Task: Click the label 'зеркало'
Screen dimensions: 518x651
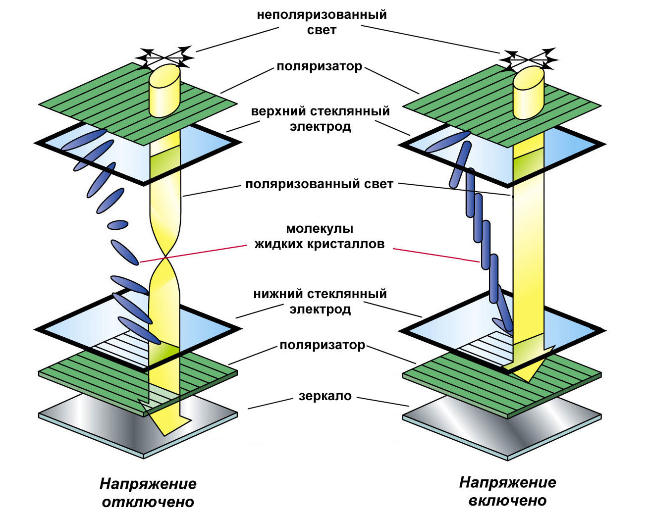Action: tap(325, 396)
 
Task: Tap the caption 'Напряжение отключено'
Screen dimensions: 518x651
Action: tap(148, 493)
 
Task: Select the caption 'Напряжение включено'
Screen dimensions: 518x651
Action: tap(507, 491)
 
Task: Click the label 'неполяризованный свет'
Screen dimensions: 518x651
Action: tap(322, 22)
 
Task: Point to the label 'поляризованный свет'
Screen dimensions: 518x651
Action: tap(319, 184)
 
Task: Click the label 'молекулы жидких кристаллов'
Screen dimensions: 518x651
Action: tap(320, 236)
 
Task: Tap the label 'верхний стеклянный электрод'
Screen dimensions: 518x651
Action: tap(321, 119)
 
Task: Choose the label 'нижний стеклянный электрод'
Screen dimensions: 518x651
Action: tap(320, 302)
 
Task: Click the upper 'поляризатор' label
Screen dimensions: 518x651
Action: tap(320, 66)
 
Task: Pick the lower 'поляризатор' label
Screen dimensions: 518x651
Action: tap(323, 345)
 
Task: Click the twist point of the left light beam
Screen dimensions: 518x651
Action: tap(164, 257)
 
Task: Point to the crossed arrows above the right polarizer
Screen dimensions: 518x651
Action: tap(529, 59)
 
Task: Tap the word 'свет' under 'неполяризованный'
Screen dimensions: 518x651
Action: tap(322, 30)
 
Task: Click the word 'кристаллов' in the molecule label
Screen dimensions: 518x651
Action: tap(351, 244)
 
